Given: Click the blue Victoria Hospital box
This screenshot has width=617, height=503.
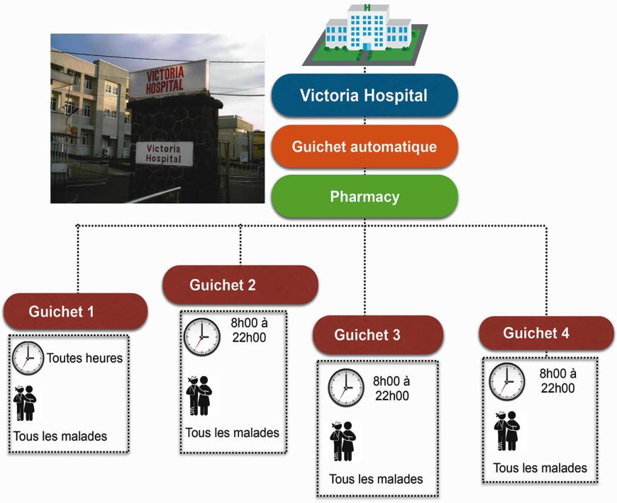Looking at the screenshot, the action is click(365, 96).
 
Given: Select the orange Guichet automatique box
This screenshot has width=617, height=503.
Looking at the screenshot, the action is click(365, 147).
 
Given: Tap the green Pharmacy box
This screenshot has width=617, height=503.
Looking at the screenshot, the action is click(365, 196).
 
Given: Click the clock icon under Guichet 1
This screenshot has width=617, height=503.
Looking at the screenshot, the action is click(28, 358).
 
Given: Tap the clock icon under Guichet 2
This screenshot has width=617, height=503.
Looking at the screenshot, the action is click(202, 337).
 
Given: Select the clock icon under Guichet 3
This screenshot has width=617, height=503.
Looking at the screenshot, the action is click(346, 388).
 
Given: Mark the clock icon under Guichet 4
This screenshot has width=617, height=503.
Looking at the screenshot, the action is click(507, 381).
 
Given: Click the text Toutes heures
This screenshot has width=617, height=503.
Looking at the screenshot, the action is click(84, 358).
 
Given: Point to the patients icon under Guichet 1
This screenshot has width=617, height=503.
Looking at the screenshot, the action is click(25, 404).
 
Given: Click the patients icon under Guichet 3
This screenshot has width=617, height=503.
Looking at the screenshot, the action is click(343, 441).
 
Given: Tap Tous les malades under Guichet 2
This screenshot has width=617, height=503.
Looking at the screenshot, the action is click(232, 433).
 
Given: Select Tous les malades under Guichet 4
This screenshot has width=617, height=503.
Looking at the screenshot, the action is click(540, 468).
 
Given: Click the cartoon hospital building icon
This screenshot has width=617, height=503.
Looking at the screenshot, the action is click(365, 34).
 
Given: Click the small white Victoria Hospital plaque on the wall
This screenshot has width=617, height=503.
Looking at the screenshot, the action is click(164, 154).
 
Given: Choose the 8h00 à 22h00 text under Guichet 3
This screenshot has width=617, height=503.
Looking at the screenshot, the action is click(391, 388).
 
